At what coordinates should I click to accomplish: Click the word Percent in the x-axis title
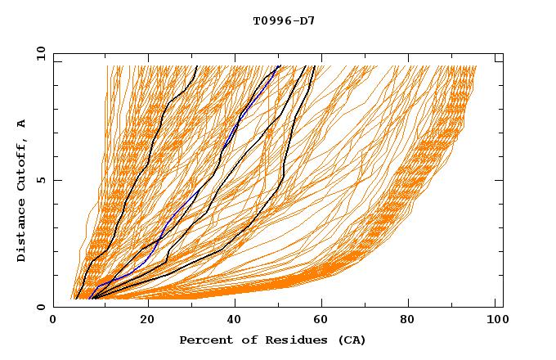[x=203, y=340]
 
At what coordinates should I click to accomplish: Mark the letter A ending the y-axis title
[x=22, y=123]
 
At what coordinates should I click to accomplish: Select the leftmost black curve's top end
[x=196, y=66]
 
